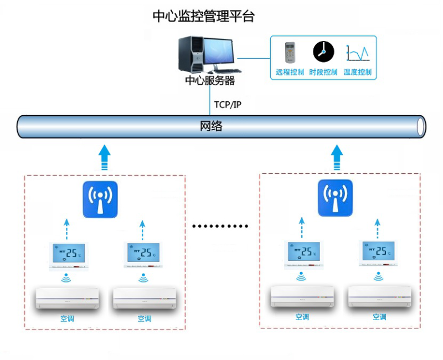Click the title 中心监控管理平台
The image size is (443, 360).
click(x=203, y=17)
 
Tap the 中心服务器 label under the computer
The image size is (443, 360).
click(x=210, y=81)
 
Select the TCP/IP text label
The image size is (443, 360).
click(x=228, y=105)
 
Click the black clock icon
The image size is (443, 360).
click(x=323, y=52)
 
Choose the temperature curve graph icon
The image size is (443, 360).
click(x=357, y=53)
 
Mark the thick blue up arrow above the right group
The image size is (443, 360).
click(x=337, y=156)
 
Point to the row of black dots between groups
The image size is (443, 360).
click(x=220, y=226)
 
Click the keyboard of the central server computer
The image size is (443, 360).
click(x=225, y=71)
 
